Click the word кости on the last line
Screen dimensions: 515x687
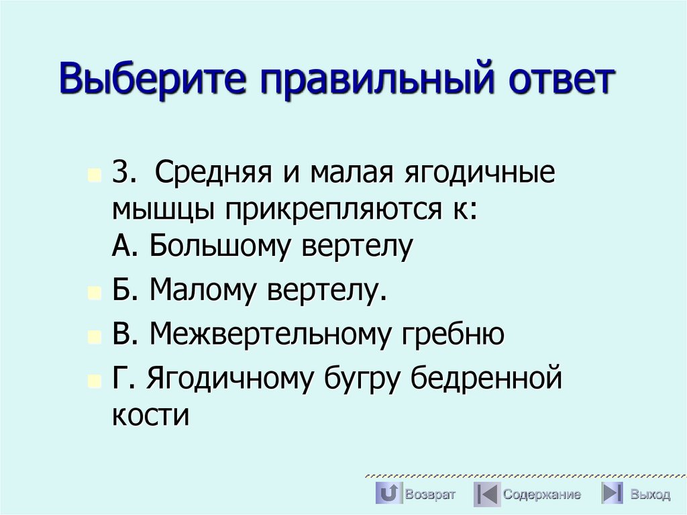point(151,414)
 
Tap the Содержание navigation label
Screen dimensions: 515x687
point(542,495)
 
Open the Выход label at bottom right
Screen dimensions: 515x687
point(649,495)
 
